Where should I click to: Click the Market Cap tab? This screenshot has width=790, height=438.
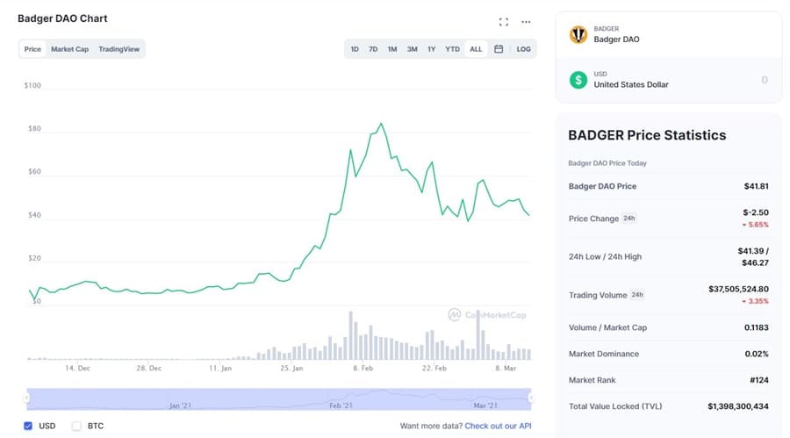pos(69,49)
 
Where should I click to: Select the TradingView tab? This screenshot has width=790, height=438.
pos(118,49)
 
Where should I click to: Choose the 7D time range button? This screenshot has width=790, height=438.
pos(373,49)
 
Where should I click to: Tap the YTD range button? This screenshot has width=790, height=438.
pos(452,49)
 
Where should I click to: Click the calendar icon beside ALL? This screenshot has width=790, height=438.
pos(499,49)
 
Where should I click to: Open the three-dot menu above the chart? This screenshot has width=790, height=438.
pos(526,22)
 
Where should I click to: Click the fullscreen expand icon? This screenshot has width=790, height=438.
pos(504,22)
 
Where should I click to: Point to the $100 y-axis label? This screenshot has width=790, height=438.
pos(32,86)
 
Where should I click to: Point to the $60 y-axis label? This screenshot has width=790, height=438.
pos(34,172)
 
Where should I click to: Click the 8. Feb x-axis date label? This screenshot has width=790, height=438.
pos(362,369)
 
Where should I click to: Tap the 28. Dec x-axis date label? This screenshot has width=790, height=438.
pos(149,369)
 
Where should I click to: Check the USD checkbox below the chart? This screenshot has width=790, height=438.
pos(28,426)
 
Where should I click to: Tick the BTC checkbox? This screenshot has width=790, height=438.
pos(76,426)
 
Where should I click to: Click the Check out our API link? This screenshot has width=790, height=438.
pos(498,426)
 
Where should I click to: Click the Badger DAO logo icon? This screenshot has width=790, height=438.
pos(578,34)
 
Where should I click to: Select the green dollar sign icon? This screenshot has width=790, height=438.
pos(578,80)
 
